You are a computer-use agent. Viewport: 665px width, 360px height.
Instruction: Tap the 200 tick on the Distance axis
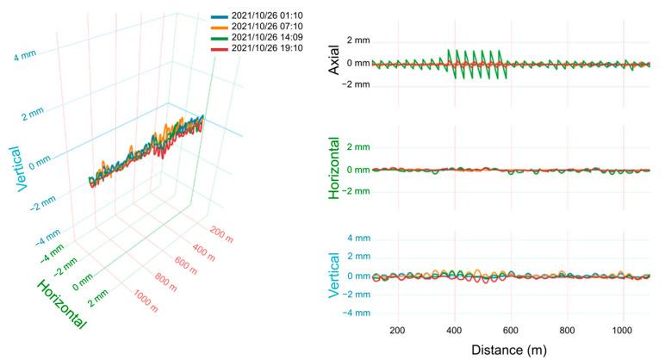(398, 330)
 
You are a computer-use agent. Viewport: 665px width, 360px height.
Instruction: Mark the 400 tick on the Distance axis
(455, 330)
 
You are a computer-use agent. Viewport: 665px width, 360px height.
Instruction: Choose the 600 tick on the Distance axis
(511, 330)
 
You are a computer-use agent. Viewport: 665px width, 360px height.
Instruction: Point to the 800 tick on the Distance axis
(568, 330)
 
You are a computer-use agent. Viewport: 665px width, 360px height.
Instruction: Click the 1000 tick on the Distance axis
(624, 330)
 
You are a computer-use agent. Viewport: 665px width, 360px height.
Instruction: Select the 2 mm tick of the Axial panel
(357, 40)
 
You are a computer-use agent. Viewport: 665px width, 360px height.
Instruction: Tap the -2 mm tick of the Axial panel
(355, 84)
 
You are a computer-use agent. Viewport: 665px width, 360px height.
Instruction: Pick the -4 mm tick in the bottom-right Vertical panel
(355, 313)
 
